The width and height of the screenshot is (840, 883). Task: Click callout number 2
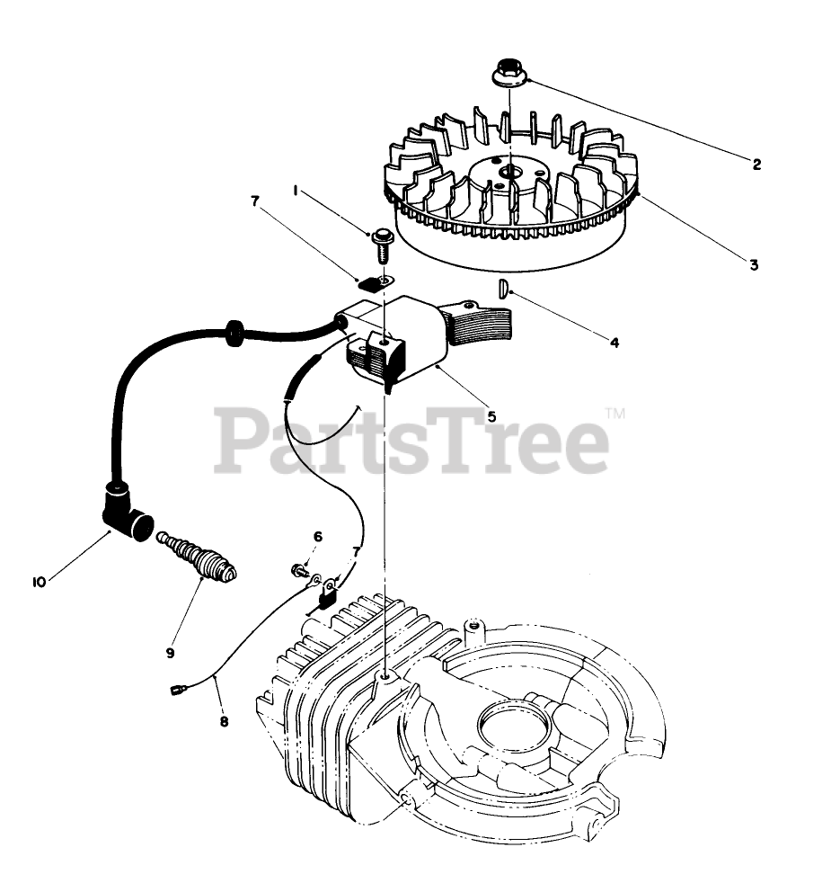(756, 165)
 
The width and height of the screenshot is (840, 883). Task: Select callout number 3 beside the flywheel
(754, 264)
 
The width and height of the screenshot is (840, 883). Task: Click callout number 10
(39, 582)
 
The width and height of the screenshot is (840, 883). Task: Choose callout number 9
(170, 652)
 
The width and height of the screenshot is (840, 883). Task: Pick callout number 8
(224, 720)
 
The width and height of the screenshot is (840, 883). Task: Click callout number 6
(317, 537)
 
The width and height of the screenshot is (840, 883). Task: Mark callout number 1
(296, 191)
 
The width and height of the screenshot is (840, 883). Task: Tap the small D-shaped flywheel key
(504, 288)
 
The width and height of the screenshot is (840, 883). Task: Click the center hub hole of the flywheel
(509, 171)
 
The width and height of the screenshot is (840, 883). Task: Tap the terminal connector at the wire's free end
(176, 691)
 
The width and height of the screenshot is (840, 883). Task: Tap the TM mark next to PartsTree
(615, 414)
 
